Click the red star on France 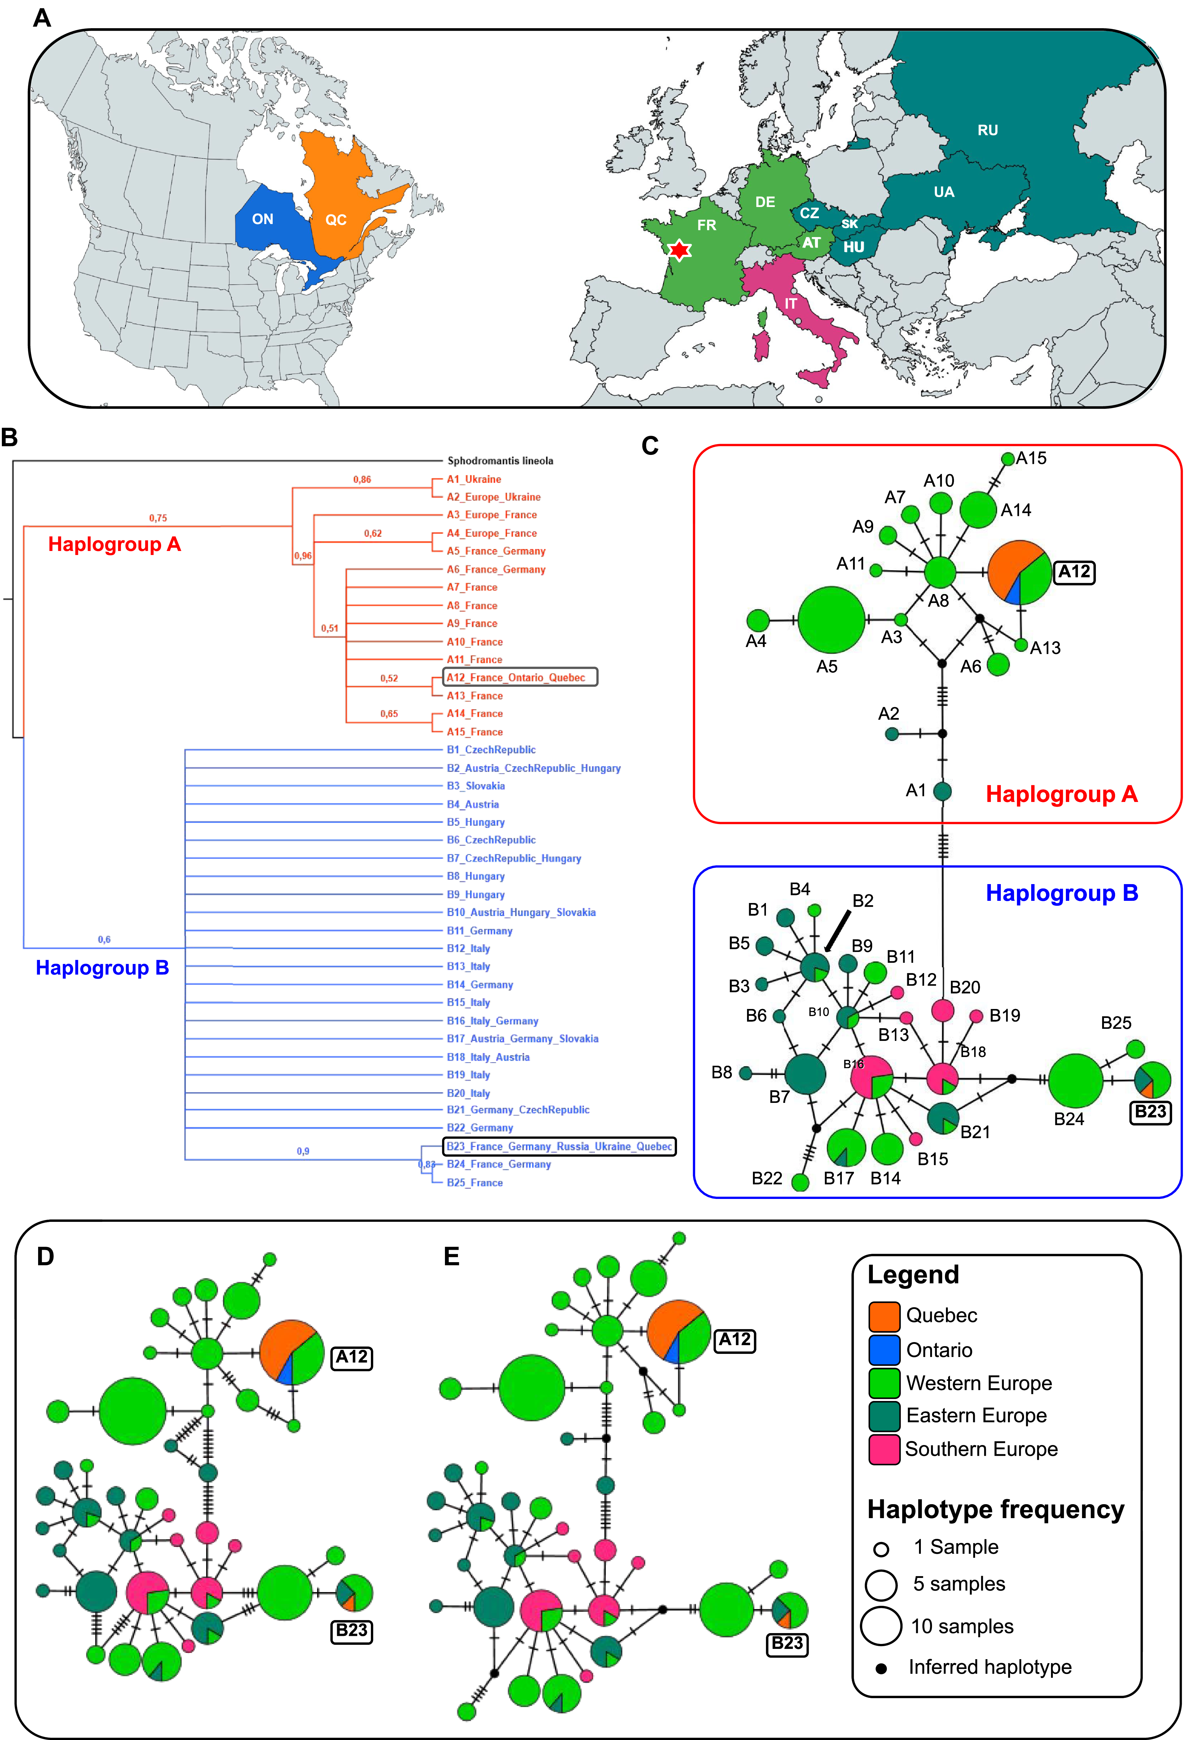pyautogui.click(x=679, y=249)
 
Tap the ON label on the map pyautogui.click(x=262, y=219)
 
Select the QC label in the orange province pyautogui.click(x=336, y=220)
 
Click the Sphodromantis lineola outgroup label pyautogui.click(x=500, y=461)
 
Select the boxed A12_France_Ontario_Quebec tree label pyautogui.click(x=516, y=677)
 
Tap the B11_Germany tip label pyautogui.click(x=480, y=931)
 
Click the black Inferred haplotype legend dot pyautogui.click(x=881, y=1669)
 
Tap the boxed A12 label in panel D pyautogui.click(x=351, y=1357)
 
